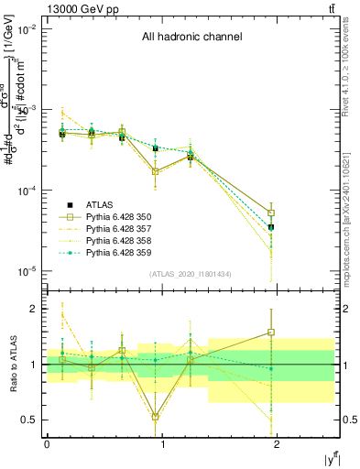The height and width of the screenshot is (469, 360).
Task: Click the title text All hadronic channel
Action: (191, 38)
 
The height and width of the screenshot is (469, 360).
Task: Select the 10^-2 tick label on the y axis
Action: (26, 29)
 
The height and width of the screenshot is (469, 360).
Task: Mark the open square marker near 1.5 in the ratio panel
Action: (271, 333)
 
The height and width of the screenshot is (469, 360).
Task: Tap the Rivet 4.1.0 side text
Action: (351, 69)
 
